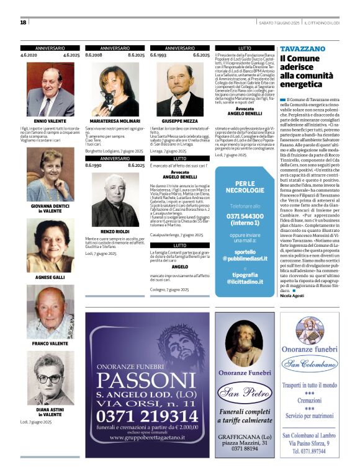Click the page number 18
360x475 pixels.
[23, 22]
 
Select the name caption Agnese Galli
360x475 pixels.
[50, 278]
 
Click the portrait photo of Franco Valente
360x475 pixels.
[50, 313]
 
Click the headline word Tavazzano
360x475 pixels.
[302, 48]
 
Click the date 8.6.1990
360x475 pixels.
[94, 165]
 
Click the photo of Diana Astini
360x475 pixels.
[50, 378]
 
